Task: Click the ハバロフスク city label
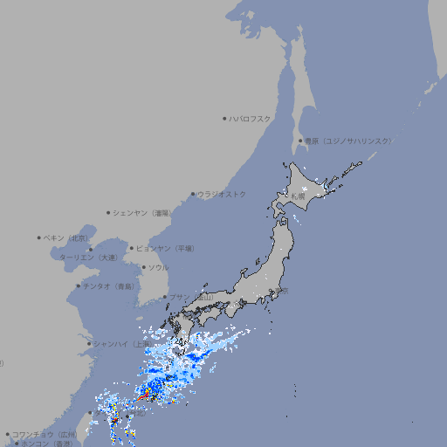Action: pos(251,118)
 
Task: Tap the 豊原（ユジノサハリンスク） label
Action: pos(348,141)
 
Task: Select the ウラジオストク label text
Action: pos(222,194)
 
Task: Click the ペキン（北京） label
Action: pos(66,237)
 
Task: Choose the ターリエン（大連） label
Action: pos(87,258)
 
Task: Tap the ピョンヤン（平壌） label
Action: pos(165,248)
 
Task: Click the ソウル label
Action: pos(158,267)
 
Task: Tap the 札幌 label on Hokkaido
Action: pos(298,196)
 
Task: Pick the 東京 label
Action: pos(279,292)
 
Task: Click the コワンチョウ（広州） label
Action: pos(45,434)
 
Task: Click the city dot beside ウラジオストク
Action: pos(194,194)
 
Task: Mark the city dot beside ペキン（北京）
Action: pos(39,237)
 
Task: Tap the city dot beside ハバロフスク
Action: pos(224,118)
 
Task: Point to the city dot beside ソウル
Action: pos(143,267)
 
